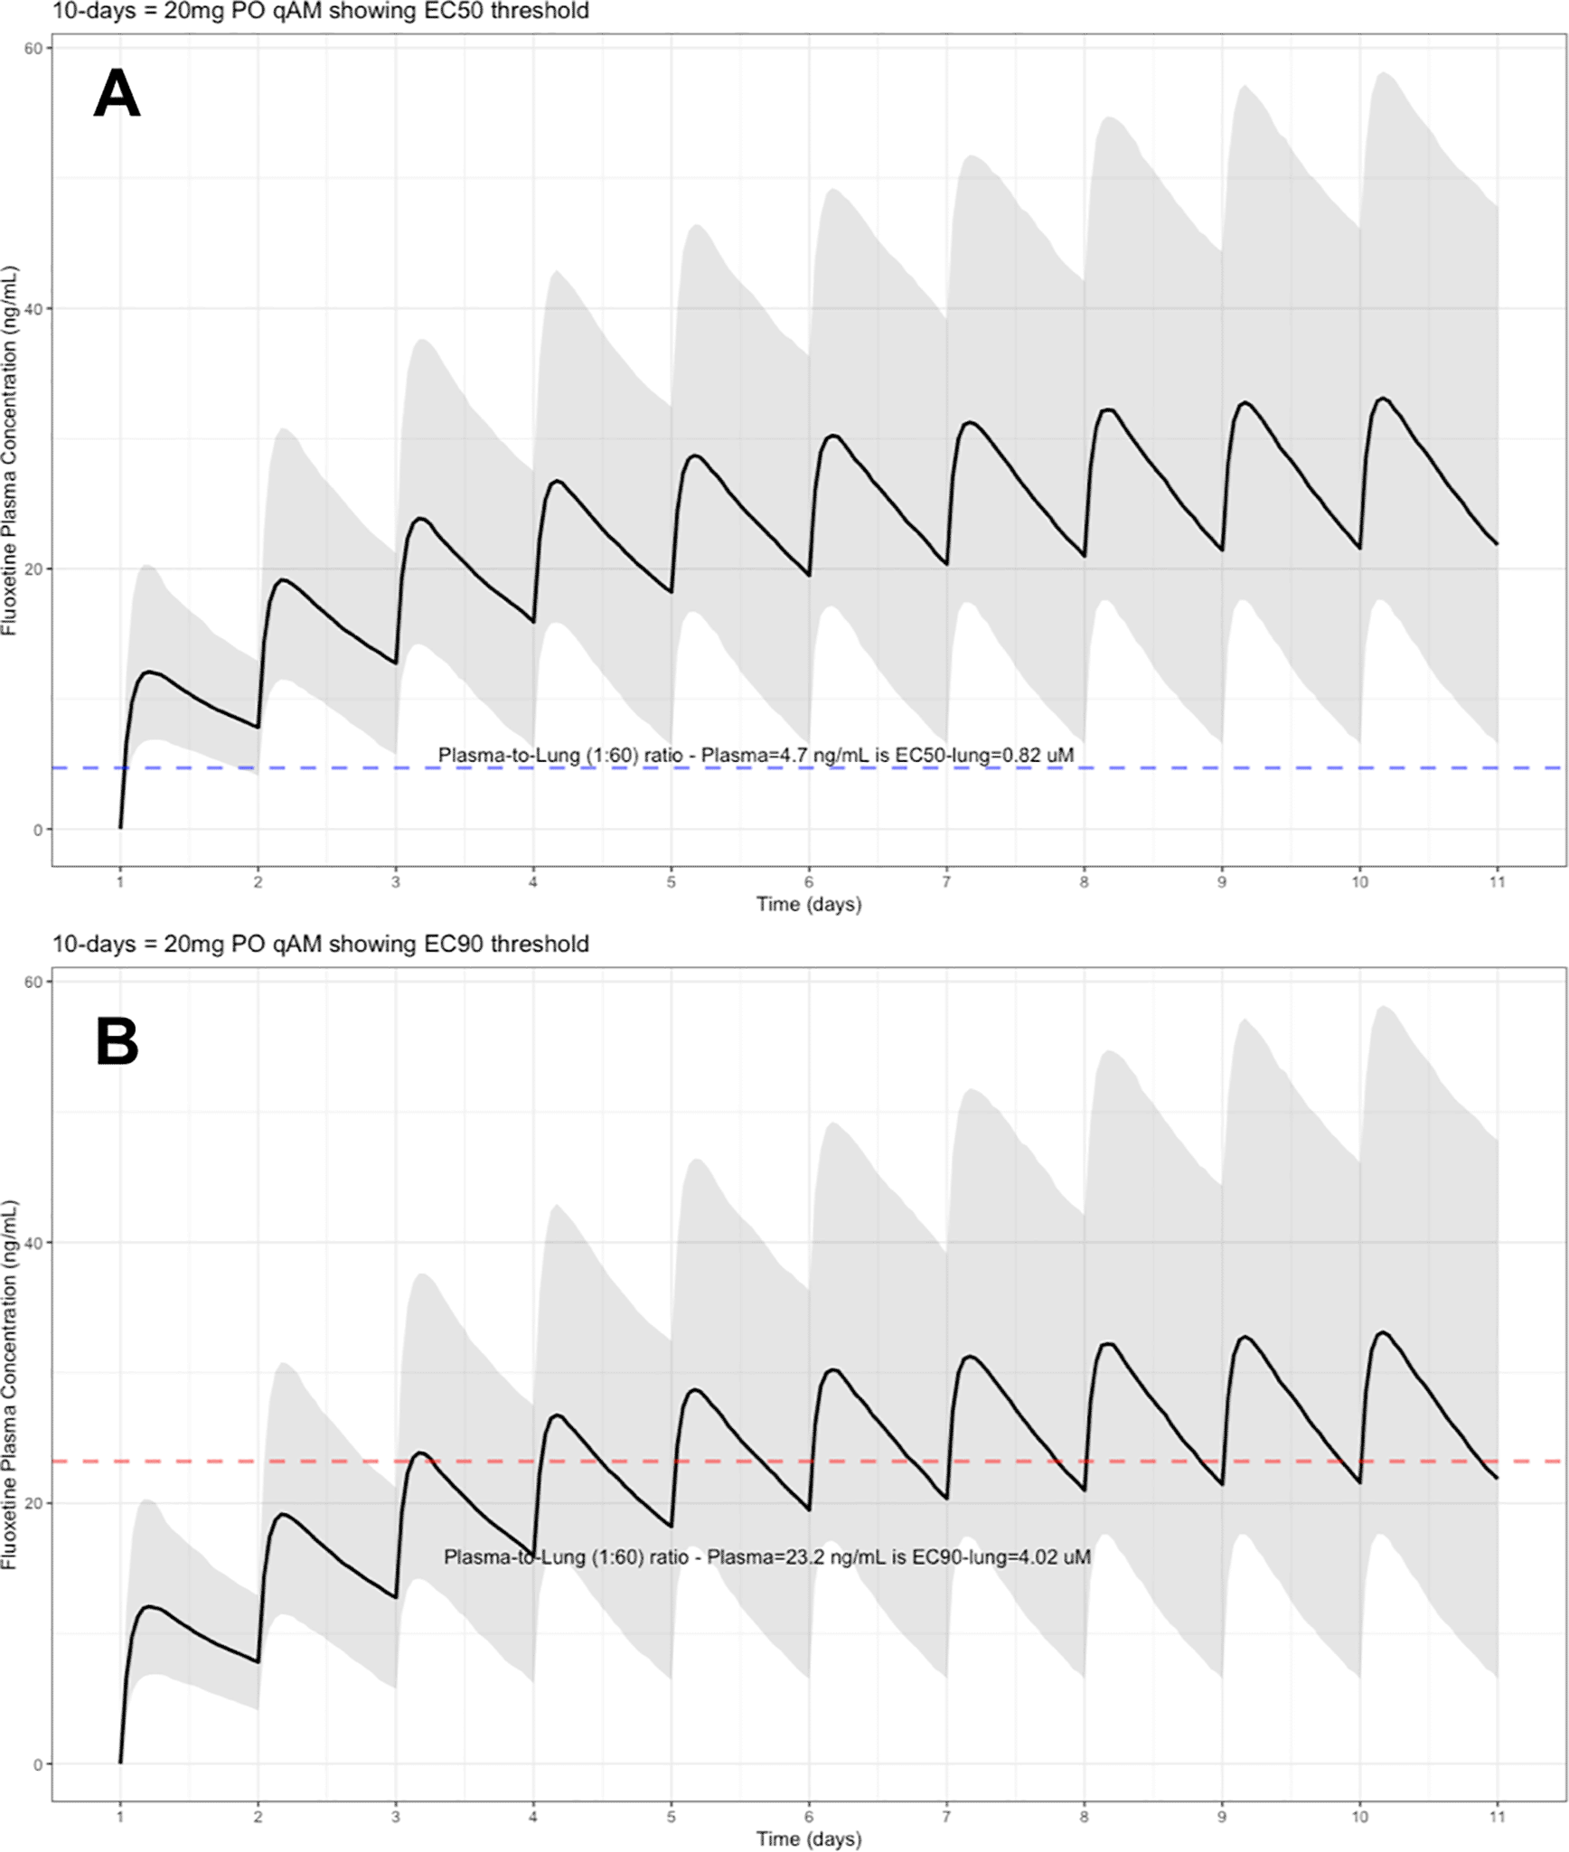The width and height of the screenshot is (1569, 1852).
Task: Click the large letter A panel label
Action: tap(117, 93)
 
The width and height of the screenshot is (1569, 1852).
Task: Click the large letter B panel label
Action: tap(117, 1041)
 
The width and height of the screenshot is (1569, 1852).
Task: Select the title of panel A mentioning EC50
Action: tap(320, 11)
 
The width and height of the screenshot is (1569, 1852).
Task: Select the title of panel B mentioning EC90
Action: tap(320, 944)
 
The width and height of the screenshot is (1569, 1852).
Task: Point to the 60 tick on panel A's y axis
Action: tap(33, 49)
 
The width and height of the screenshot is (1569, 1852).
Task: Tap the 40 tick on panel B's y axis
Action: tap(33, 1243)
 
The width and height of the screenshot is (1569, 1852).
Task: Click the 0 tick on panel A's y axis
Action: tap(38, 830)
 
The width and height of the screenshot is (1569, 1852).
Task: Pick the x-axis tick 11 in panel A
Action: tap(1498, 882)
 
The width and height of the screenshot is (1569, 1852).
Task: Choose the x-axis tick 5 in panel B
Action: tap(671, 1817)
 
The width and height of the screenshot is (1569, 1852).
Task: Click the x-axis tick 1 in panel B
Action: tap(120, 1817)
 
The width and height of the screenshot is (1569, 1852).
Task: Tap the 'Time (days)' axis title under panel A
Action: tap(809, 904)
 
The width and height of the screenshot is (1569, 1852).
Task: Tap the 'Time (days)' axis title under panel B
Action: tap(809, 1838)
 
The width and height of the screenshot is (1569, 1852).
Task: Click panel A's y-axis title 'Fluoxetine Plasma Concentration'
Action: tap(10, 450)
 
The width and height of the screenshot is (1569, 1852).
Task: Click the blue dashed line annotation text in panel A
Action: tap(756, 755)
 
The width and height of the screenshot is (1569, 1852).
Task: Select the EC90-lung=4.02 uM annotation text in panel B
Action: tap(766, 1556)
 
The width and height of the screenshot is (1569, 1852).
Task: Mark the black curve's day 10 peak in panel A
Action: tap(1382, 399)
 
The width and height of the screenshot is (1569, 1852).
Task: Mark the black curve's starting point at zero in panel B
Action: tap(120, 1762)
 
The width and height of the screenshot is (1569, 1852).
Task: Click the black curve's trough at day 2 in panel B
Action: tap(258, 1661)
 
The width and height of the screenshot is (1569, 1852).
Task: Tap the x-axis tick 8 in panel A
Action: tap(1084, 882)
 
